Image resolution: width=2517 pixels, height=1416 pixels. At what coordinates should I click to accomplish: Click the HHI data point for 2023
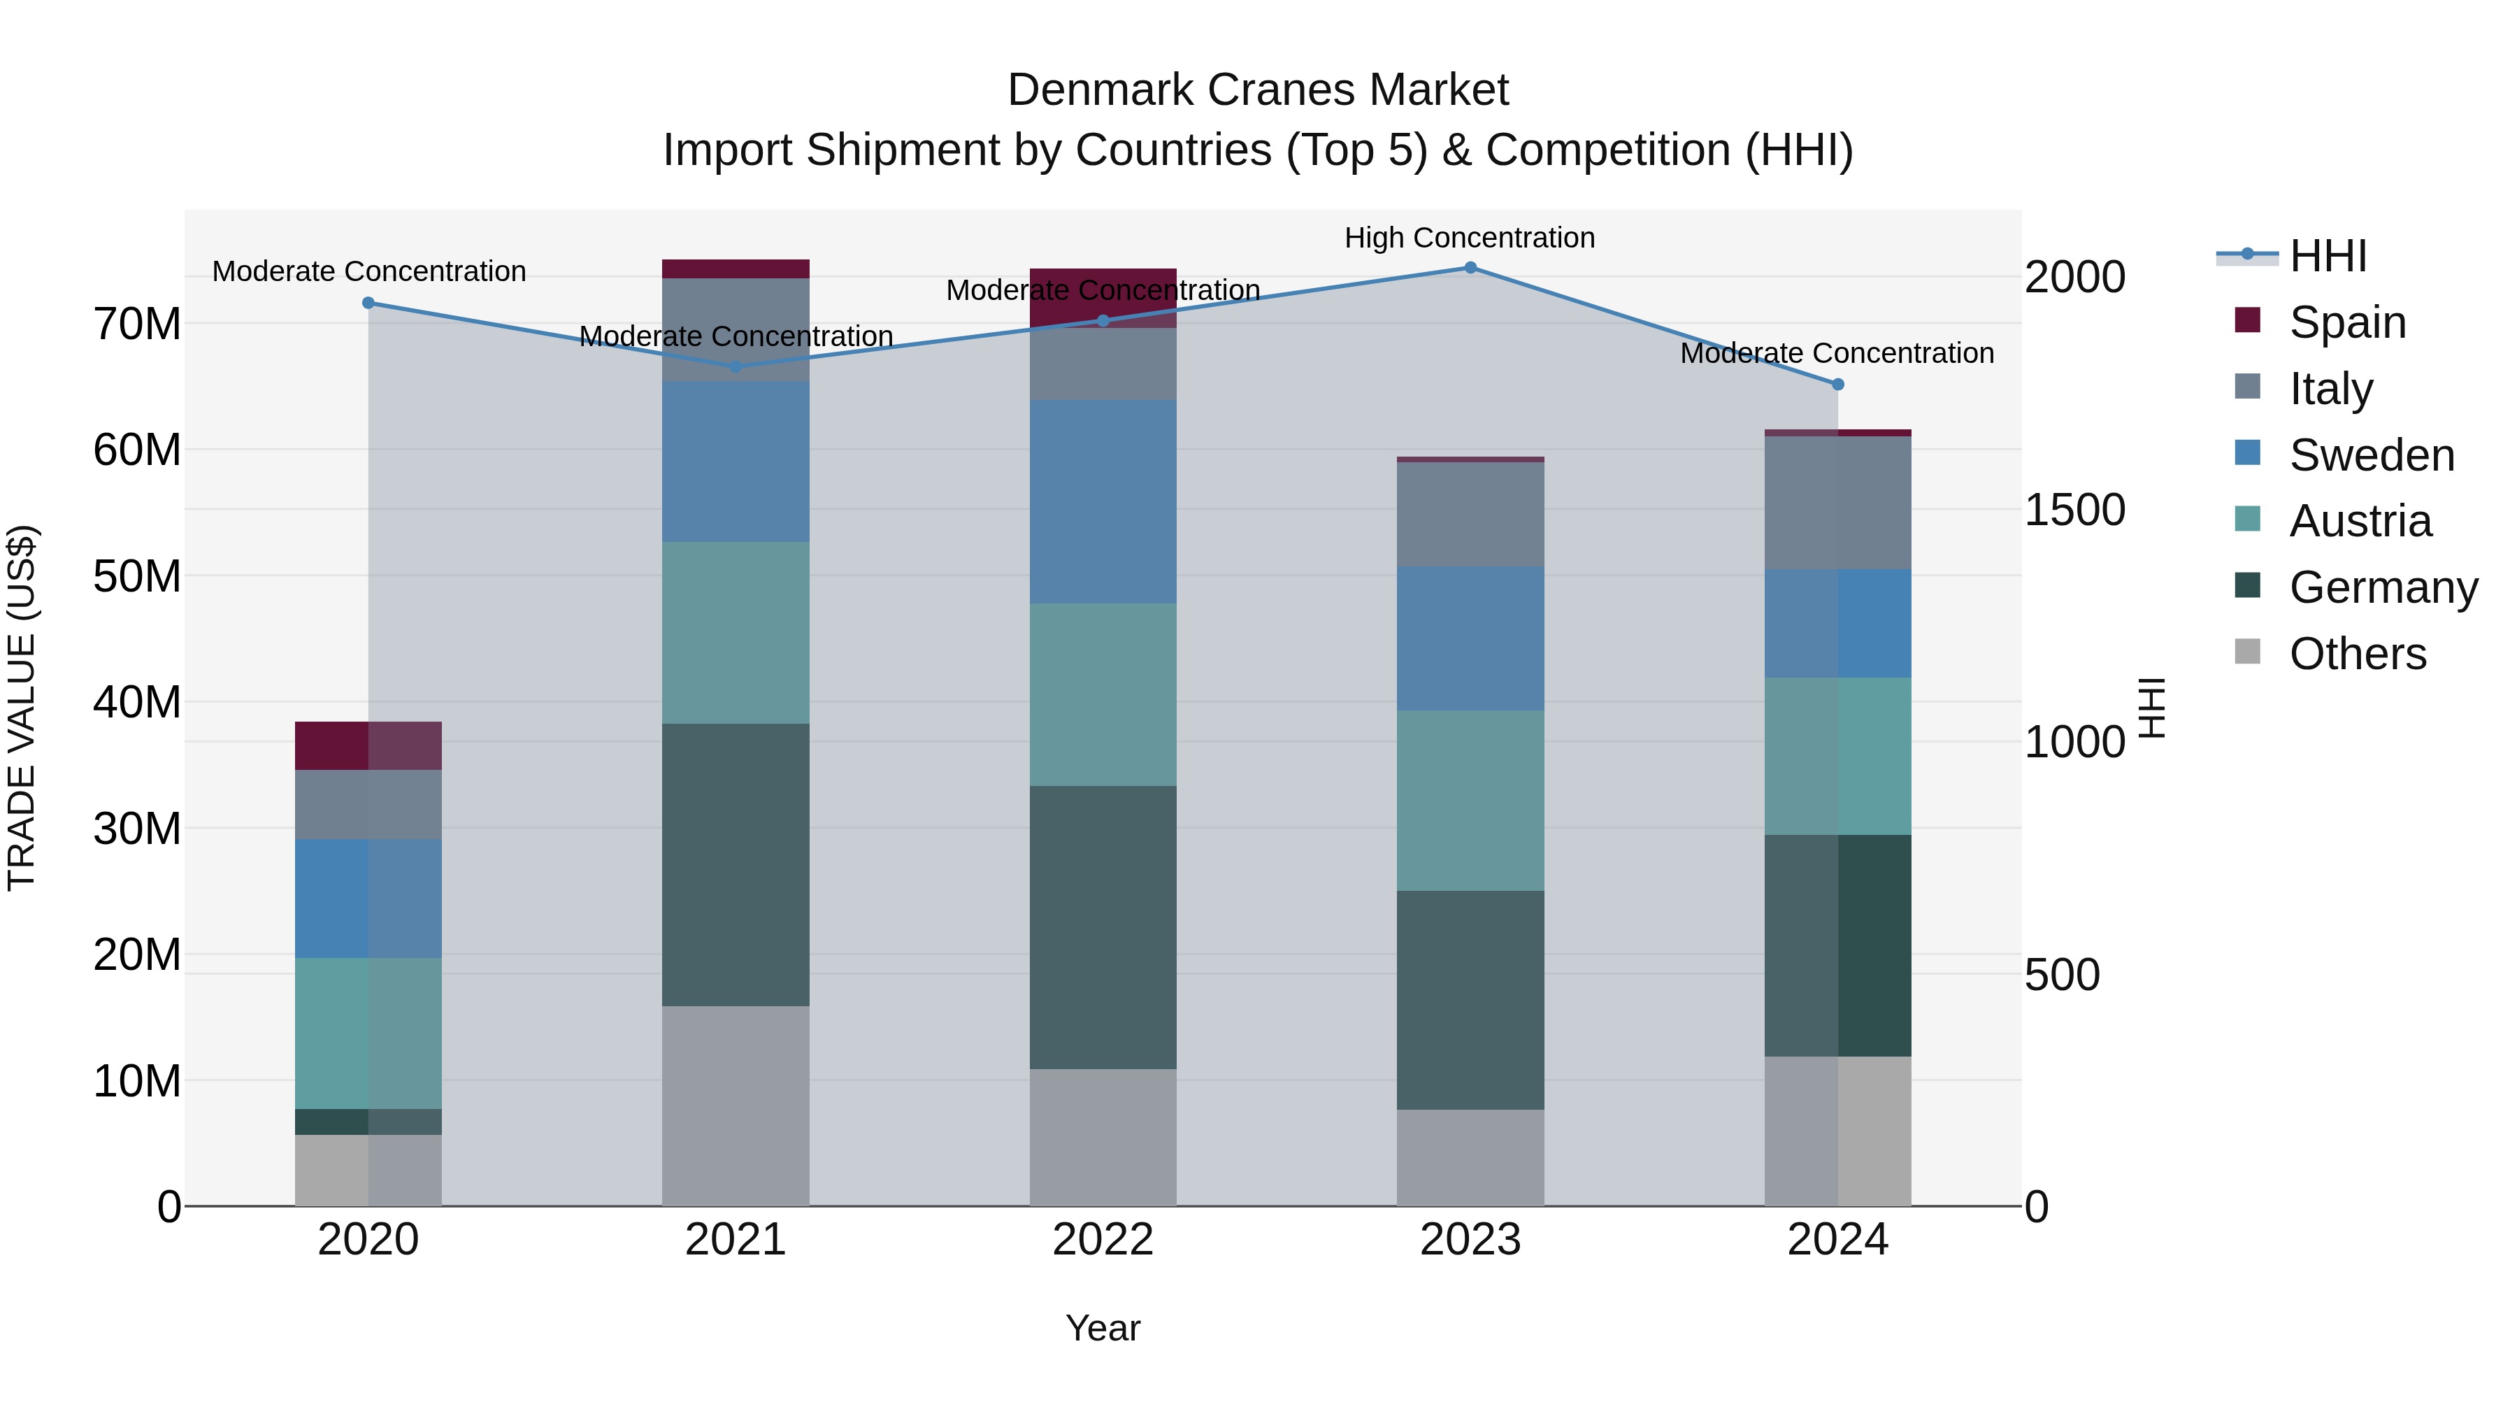coord(1470,268)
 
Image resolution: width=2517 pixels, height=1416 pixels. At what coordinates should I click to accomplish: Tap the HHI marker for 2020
coord(368,303)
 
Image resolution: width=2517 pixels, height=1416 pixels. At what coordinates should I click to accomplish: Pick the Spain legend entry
coord(2347,322)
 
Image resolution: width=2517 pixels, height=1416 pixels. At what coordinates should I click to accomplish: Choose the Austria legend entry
coord(2360,521)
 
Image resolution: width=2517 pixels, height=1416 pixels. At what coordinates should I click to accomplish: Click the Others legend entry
coord(2357,654)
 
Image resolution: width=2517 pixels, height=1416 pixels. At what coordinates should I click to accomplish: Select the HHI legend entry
coord(2328,256)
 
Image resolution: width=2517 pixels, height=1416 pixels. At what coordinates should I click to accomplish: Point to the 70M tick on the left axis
coord(137,324)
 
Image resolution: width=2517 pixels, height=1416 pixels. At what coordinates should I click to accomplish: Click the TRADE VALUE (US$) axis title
coord(22,708)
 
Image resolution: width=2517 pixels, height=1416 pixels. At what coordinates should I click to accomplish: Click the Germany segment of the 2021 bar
coord(736,865)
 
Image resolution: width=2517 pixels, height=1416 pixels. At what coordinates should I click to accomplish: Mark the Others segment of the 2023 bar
coord(1470,1157)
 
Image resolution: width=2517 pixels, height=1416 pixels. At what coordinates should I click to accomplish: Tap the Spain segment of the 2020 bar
coord(368,745)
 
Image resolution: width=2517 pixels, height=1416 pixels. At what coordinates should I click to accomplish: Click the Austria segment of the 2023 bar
coord(1470,801)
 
